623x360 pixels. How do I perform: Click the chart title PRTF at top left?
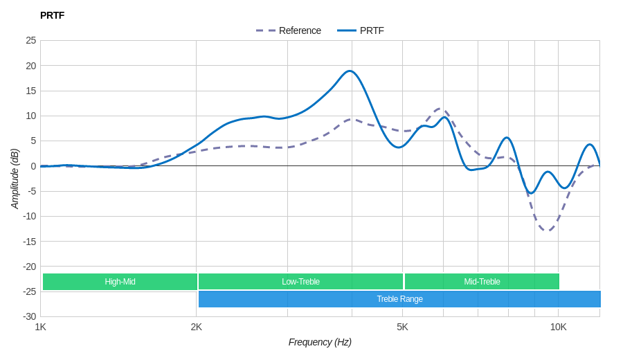tap(52, 15)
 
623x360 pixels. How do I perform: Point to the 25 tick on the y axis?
tap(31, 40)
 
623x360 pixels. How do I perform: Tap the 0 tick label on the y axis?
tap(33, 166)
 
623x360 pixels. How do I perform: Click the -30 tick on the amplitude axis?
tap(29, 316)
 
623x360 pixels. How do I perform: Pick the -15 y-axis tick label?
tap(29, 241)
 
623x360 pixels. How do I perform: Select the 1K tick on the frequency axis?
tap(41, 327)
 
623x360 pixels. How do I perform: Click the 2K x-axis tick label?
tap(197, 327)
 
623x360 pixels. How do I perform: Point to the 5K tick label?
tap(402, 327)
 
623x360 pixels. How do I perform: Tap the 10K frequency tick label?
tap(558, 327)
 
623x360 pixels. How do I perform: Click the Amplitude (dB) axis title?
tap(15, 179)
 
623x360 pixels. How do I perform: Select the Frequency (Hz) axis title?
tap(320, 342)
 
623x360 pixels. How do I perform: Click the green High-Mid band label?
tap(120, 282)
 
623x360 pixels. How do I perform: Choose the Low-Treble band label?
tap(300, 282)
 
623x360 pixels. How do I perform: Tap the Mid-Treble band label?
tap(482, 282)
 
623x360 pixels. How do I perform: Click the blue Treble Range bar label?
tap(399, 299)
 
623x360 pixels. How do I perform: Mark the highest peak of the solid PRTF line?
tap(350, 71)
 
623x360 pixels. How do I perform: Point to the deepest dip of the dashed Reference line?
tap(548, 231)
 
